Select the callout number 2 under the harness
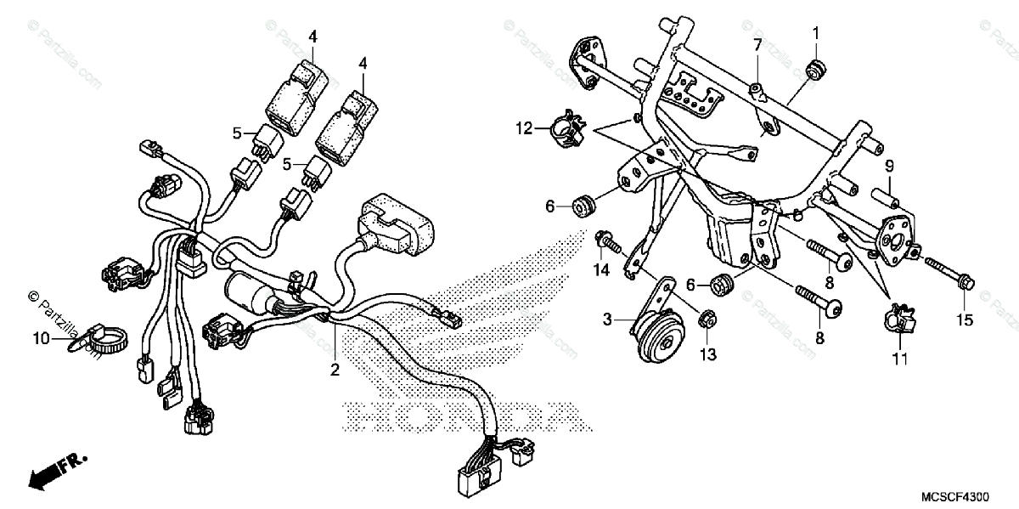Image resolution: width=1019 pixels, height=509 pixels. pyautogui.click(x=335, y=370)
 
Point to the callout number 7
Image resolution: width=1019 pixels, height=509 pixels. pyautogui.click(x=756, y=44)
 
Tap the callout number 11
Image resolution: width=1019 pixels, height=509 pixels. pyautogui.click(x=900, y=359)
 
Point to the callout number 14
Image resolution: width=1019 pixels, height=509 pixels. pyautogui.click(x=602, y=271)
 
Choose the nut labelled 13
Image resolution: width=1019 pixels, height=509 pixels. pyautogui.click(x=703, y=320)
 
